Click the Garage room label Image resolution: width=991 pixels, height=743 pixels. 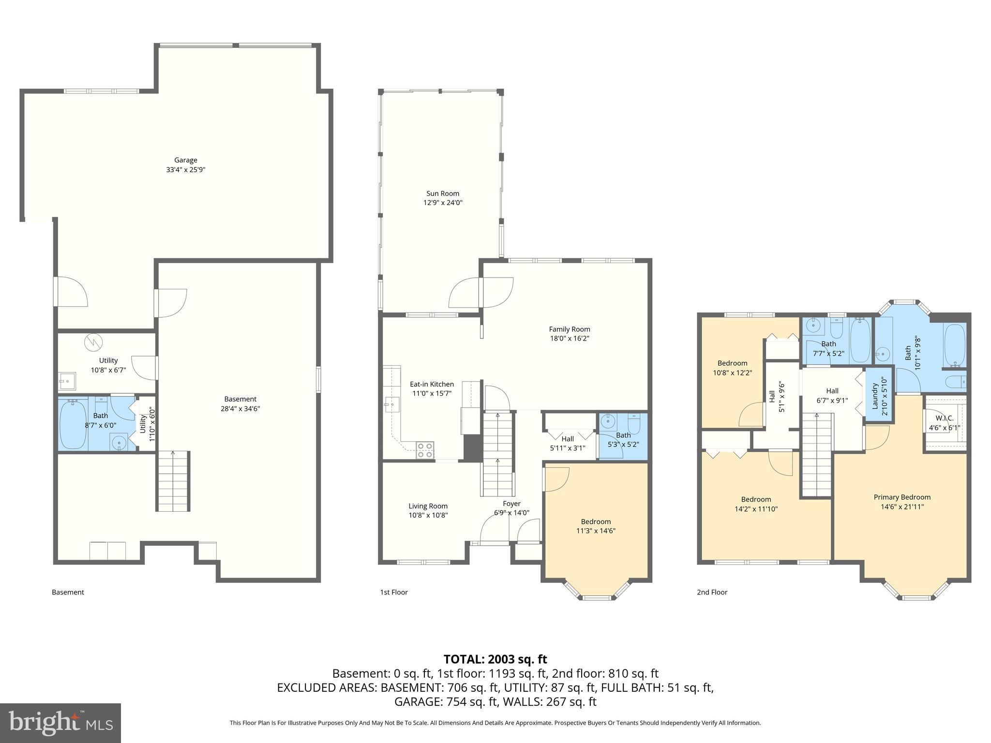(x=186, y=160)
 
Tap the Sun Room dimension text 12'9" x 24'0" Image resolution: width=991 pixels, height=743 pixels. (x=443, y=203)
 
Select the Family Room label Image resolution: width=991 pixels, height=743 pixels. (x=569, y=329)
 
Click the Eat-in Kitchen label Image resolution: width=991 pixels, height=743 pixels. (x=432, y=384)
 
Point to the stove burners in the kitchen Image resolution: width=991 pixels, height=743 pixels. (x=425, y=450)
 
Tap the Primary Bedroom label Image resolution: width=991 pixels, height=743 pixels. (x=901, y=497)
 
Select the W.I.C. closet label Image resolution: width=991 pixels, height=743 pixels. (x=944, y=418)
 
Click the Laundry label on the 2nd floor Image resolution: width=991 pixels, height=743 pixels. (x=875, y=396)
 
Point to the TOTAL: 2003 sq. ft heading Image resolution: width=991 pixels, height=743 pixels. (x=495, y=659)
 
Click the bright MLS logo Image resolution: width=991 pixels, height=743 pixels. (x=60, y=723)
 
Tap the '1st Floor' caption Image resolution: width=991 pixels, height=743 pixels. (x=393, y=592)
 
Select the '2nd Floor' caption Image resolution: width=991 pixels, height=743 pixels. (x=712, y=592)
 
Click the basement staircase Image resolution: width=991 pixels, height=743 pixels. (x=173, y=481)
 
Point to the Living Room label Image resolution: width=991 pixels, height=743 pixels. (x=428, y=506)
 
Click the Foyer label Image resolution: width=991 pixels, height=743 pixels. (x=511, y=504)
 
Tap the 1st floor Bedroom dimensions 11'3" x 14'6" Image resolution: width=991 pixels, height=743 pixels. (x=596, y=531)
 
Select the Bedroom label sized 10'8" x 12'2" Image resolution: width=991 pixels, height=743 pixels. (x=732, y=363)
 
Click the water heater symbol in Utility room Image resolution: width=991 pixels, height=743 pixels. (x=93, y=342)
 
